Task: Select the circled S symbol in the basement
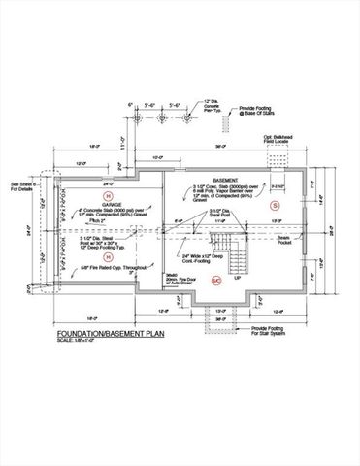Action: pos(274,207)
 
